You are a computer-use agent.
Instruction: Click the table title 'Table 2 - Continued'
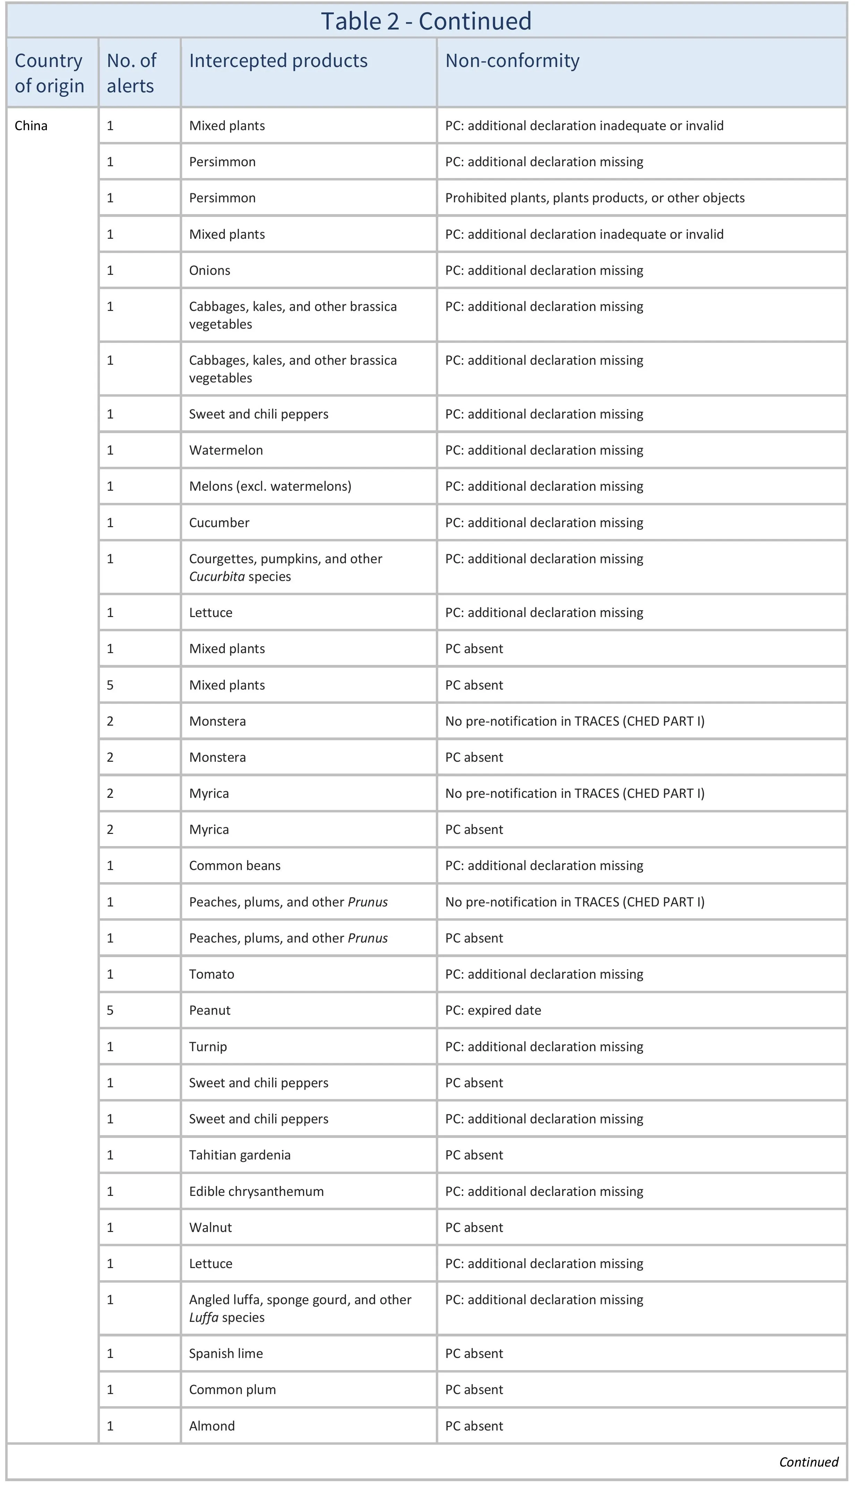[x=426, y=21]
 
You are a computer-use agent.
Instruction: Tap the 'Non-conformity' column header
[x=512, y=61]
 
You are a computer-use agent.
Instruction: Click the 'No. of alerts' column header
[x=132, y=73]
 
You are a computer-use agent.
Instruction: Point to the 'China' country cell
[x=31, y=126]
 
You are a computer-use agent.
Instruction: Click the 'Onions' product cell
[x=210, y=270]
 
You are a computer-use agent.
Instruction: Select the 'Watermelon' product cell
[x=226, y=450]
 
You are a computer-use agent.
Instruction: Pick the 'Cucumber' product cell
[x=219, y=523]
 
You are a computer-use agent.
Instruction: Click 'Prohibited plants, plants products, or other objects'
[x=594, y=198]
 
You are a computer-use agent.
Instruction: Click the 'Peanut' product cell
[x=210, y=1010]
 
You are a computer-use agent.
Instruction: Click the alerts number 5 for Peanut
[x=110, y=1010]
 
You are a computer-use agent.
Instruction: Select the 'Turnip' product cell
[x=208, y=1047]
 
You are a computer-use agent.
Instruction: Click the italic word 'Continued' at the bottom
[x=808, y=1462]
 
